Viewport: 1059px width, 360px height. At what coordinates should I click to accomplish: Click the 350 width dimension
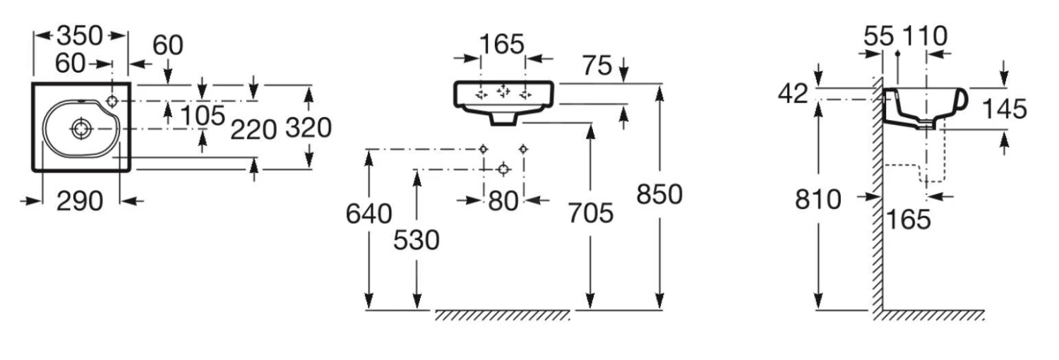click(80, 35)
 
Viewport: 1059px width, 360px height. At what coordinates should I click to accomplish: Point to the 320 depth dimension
click(309, 128)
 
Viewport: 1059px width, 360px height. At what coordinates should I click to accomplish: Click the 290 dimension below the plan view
click(79, 201)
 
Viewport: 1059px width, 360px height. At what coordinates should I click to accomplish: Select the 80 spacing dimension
click(503, 200)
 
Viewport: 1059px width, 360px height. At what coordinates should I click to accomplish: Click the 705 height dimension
click(591, 212)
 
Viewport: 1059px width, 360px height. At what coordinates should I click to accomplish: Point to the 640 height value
click(369, 212)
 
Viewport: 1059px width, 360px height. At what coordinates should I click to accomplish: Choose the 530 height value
click(417, 240)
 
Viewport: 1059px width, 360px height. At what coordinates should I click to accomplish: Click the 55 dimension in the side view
click(879, 35)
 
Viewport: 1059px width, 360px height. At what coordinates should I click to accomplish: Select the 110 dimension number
click(923, 35)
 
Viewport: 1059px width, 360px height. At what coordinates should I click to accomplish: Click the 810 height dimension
click(818, 200)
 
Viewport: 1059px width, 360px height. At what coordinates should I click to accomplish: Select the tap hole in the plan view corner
click(116, 98)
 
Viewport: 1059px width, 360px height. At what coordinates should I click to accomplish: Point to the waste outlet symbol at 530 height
click(503, 169)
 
